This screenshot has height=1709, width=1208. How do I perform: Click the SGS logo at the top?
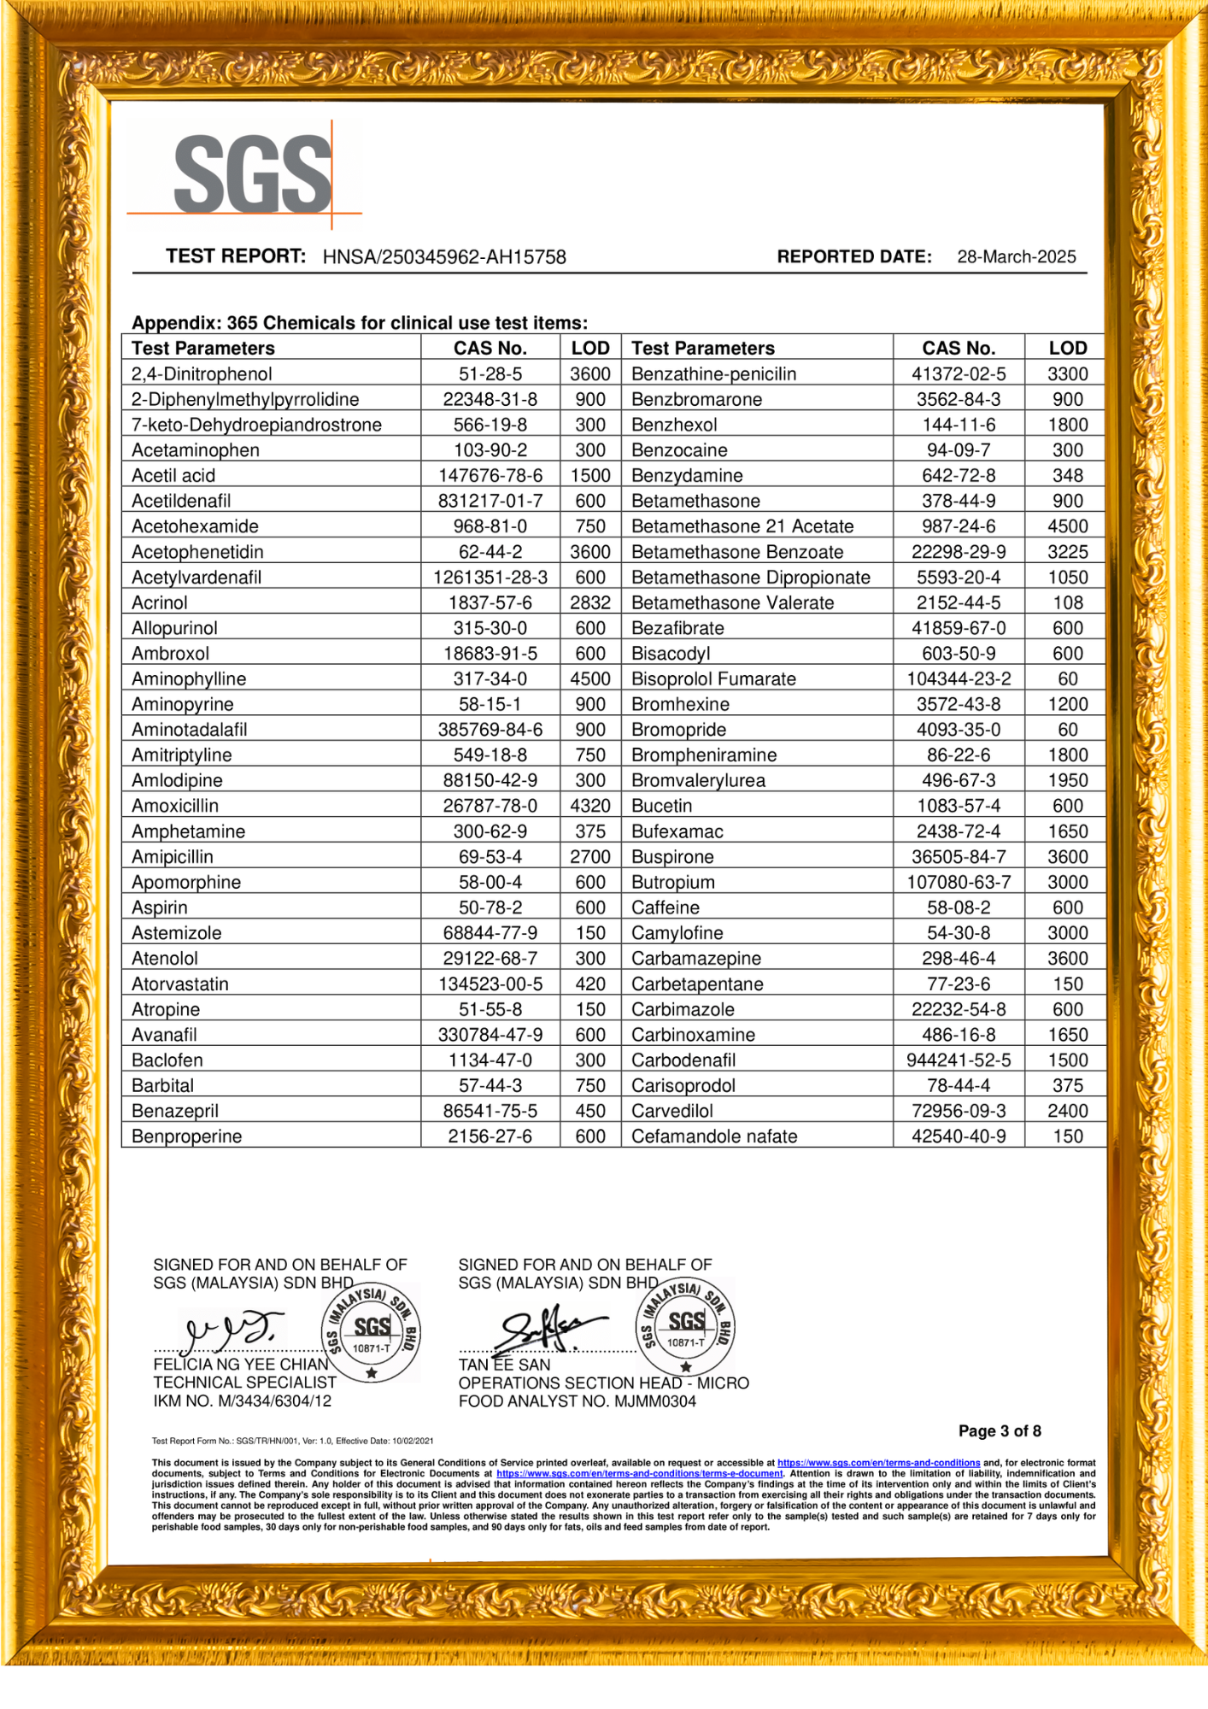[252, 174]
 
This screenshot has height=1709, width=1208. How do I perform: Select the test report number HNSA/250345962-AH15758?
[444, 257]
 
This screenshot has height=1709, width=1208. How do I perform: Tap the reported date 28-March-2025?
[1016, 257]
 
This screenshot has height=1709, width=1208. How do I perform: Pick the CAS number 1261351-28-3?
[490, 578]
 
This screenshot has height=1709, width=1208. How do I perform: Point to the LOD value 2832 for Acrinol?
[590, 603]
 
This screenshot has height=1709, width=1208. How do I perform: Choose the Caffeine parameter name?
[666, 907]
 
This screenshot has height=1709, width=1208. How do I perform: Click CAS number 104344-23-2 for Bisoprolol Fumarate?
[959, 679]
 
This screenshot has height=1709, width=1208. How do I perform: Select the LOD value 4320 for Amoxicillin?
[590, 806]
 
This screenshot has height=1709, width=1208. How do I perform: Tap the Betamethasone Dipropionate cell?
[751, 578]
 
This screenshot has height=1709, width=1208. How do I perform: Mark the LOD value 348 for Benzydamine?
[1067, 476]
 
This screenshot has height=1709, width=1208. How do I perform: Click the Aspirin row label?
[160, 907]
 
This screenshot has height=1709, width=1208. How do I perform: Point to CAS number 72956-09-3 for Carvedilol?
[959, 1111]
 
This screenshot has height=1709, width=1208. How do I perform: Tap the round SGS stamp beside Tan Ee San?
[685, 1327]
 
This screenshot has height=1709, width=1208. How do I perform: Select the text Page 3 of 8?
[1000, 1431]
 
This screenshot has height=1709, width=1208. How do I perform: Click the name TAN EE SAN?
[504, 1365]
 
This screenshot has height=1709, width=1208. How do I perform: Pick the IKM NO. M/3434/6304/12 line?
[243, 1401]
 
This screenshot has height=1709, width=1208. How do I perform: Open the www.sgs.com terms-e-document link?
[639, 1473]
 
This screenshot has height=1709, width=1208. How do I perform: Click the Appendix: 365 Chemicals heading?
[360, 323]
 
